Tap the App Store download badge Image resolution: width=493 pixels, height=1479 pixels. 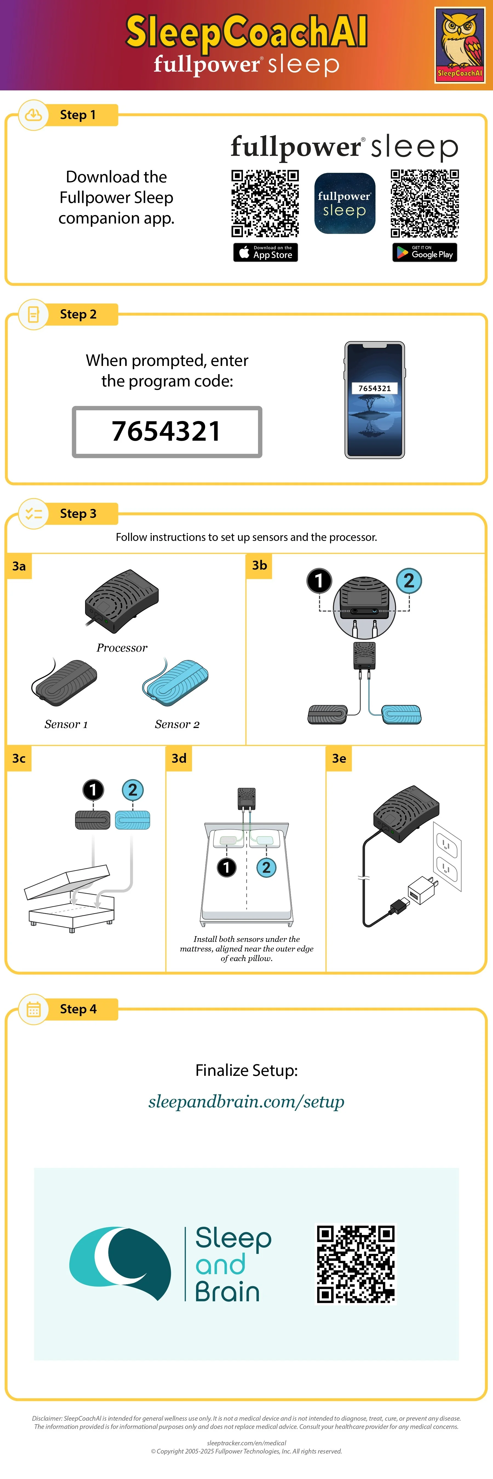click(x=265, y=252)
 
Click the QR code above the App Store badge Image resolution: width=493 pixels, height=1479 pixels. click(x=265, y=203)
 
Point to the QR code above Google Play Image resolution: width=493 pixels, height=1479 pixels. click(x=425, y=203)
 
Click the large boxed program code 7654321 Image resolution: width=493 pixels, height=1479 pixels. click(x=167, y=432)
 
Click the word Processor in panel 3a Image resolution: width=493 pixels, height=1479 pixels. click(x=122, y=648)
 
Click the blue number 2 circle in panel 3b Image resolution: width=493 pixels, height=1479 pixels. click(x=409, y=580)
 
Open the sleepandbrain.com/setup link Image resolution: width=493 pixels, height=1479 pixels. click(x=246, y=1101)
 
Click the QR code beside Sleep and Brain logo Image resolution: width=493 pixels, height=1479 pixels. click(x=356, y=1264)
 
